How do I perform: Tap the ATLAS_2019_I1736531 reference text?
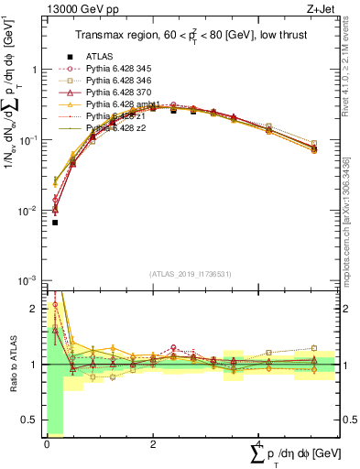click(191, 273)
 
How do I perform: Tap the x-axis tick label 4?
click(258, 444)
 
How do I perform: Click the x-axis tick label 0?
click(47, 444)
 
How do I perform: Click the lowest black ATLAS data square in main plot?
click(55, 223)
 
